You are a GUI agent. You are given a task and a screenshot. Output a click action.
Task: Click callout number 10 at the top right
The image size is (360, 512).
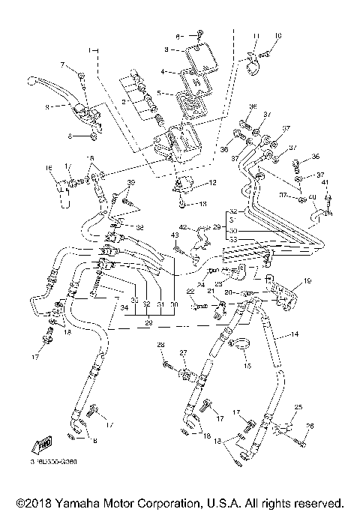pos(278,35)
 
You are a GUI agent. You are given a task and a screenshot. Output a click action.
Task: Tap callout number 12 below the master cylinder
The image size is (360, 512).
pos(213,182)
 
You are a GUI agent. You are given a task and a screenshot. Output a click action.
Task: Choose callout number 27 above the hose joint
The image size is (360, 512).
pos(181,352)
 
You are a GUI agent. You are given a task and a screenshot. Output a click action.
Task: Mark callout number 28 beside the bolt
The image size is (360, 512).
pos(160,344)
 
